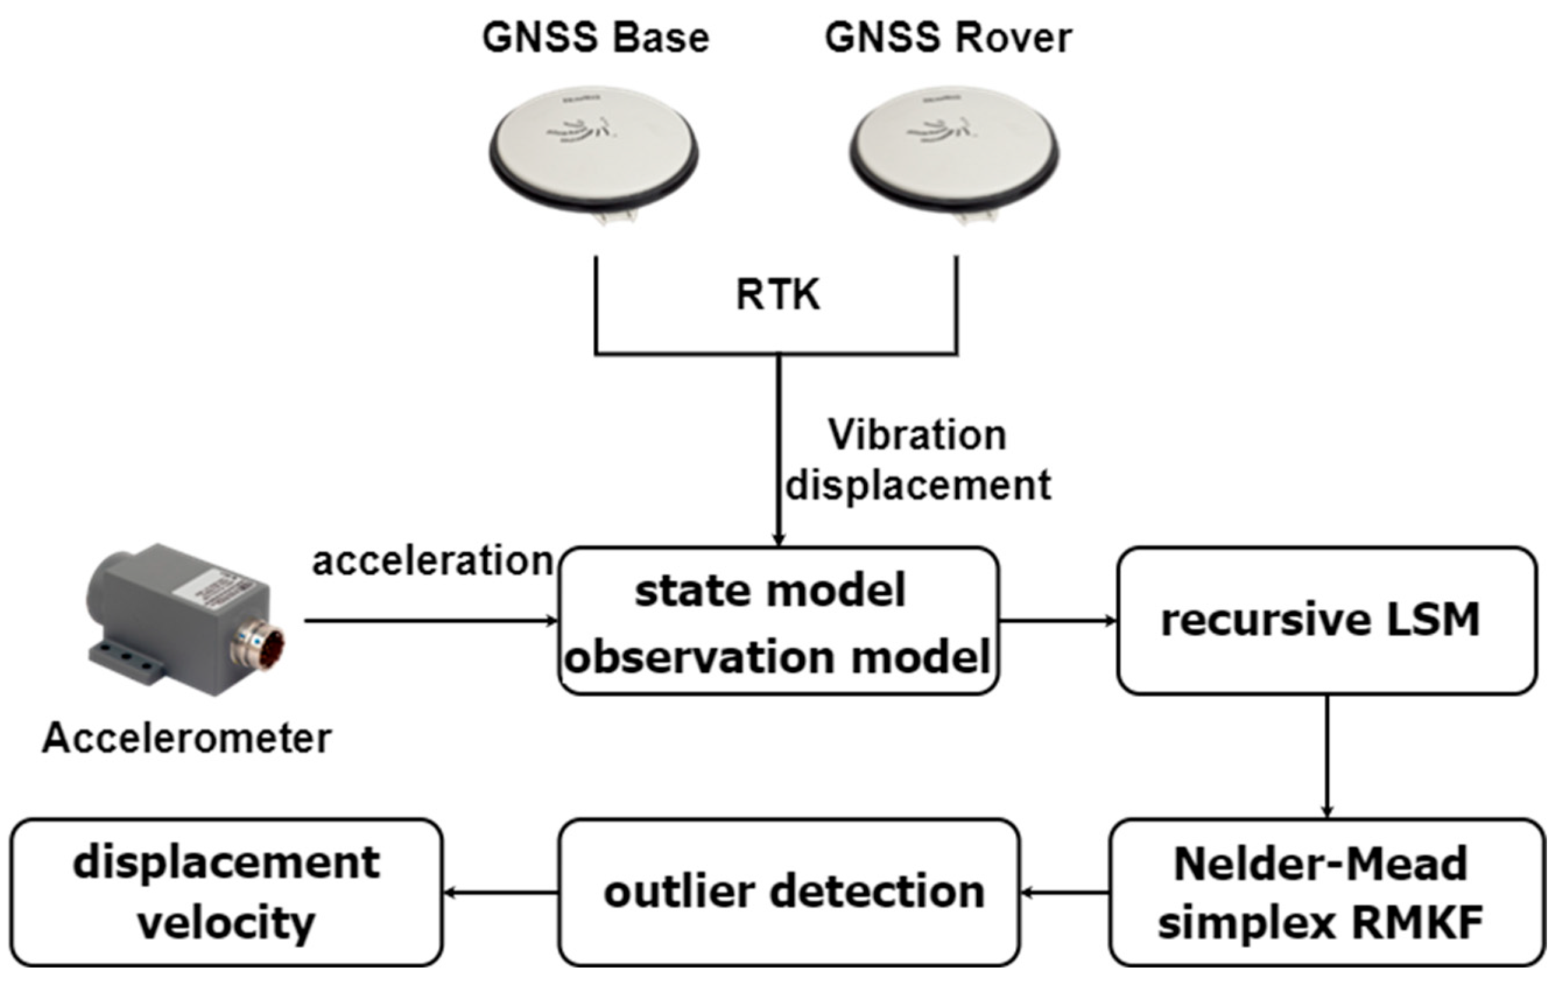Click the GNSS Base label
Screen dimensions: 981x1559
(596, 37)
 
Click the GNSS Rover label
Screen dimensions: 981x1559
(948, 37)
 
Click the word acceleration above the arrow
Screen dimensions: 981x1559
(432, 561)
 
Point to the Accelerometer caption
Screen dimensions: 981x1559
(186, 738)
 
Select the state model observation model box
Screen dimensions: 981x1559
(777, 621)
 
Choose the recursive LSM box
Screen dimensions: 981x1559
(1326, 621)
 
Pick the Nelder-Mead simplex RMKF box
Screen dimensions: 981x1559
(1326, 893)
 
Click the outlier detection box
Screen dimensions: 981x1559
(789, 893)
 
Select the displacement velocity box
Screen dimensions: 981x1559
(226, 893)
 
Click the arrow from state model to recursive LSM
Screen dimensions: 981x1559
(1058, 621)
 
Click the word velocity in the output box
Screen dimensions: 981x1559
(226, 923)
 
